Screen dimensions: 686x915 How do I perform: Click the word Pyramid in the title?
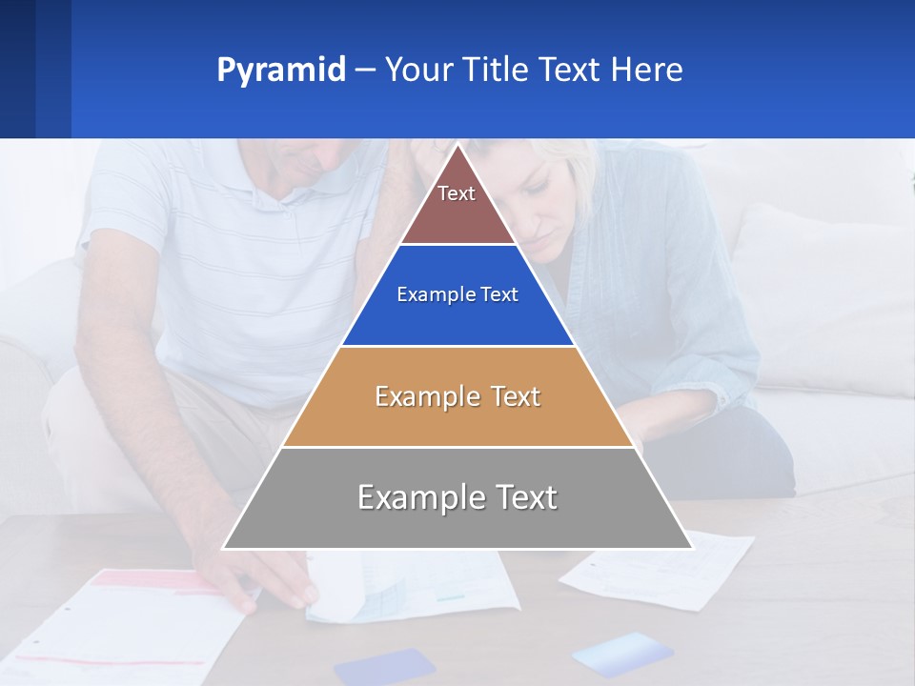281,71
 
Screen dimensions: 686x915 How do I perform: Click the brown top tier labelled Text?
457,206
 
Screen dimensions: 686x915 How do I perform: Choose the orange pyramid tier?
457,396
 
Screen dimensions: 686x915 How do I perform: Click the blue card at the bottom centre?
384,666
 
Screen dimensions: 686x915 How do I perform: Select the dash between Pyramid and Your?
365,71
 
